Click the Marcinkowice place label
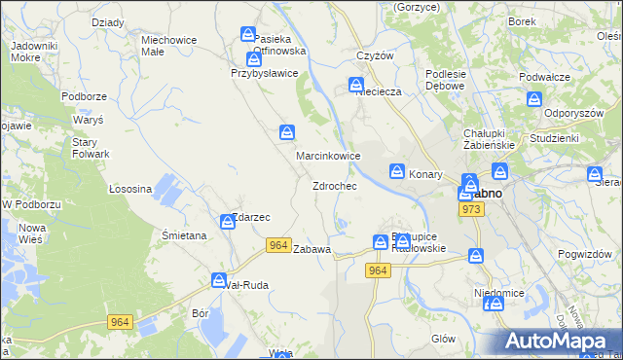(x=329, y=156)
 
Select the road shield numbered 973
(x=473, y=210)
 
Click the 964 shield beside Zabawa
(x=277, y=247)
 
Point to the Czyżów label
(x=375, y=55)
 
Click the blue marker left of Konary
(x=397, y=171)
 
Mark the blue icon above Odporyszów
(x=534, y=98)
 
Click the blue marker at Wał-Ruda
(x=220, y=280)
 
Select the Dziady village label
(x=106, y=21)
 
